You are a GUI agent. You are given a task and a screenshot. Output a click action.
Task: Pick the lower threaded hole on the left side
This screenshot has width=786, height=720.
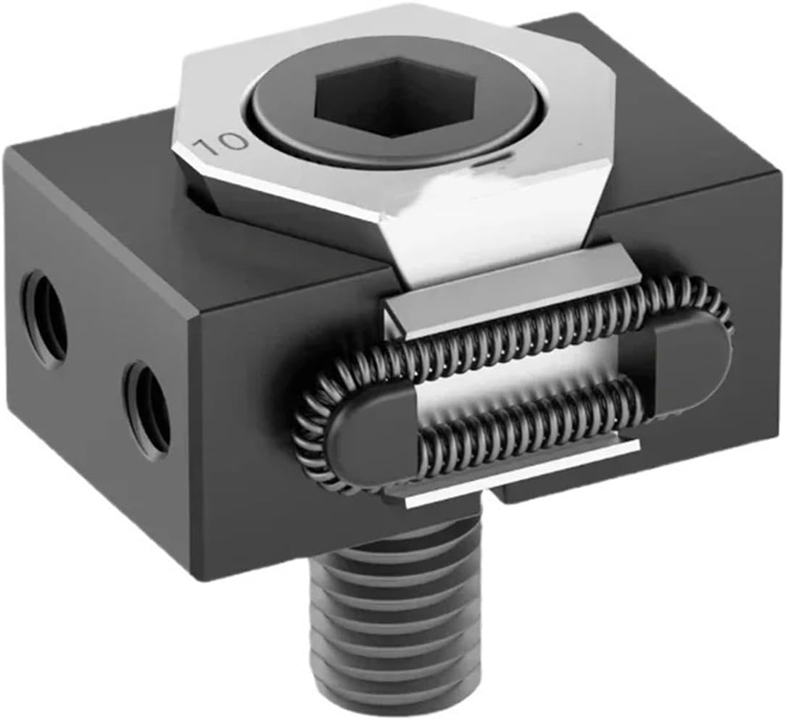[147, 410]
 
